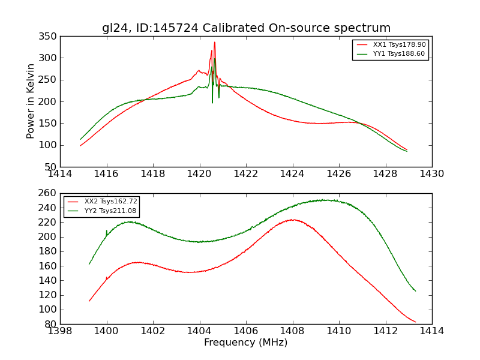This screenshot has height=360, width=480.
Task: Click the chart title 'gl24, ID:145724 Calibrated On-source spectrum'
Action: click(x=246, y=28)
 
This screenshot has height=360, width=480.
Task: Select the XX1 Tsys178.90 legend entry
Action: click(x=399, y=44)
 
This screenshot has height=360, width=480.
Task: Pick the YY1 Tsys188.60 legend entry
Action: click(x=399, y=53)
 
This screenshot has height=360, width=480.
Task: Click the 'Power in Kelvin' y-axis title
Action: click(x=31, y=101)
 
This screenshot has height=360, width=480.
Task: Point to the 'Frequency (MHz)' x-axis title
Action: click(x=246, y=343)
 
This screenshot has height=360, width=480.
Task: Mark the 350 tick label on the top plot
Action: click(x=49, y=37)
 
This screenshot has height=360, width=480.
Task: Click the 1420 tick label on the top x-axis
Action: click(x=199, y=174)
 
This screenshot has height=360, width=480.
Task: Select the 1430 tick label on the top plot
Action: click(x=431, y=174)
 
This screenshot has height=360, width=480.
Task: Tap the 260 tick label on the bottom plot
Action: click(x=49, y=194)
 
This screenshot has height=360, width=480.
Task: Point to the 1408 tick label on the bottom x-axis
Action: click(x=293, y=331)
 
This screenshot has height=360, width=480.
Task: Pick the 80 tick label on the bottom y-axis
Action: click(x=52, y=324)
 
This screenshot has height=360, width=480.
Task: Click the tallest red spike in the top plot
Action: click(x=214, y=43)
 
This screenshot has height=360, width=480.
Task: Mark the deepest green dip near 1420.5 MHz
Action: click(x=212, y=102)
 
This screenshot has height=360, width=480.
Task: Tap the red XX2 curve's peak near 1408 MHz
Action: click(x=292, y=220)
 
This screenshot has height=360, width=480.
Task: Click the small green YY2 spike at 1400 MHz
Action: click(x=107, y=230)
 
